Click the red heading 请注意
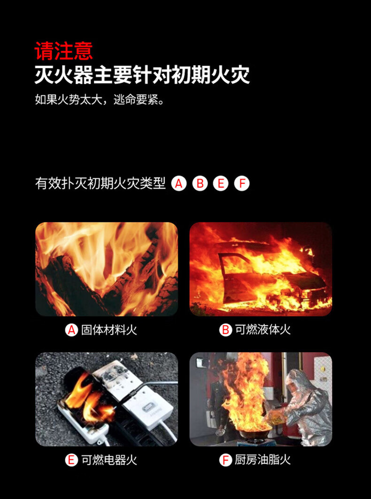pyautogui.click(x=64, y=51)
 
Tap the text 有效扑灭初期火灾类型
pyautogui.click(x=100, y=184)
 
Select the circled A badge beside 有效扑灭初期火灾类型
pyautogui.click(x=179, y=183)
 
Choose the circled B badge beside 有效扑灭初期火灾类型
pyautogui.click(x=200, y=183)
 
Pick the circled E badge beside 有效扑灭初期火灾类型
pyautogui.click(x=221, y=183)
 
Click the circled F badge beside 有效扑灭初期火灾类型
pyautogui.click(x=242, y=183)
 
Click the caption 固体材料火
pyautogui.click(x=109, y=330)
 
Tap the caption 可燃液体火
pyautogui.click(x=263, y=330)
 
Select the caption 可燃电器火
pyautogui.click(x=109, y=460)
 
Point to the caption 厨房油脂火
pyautogui.click(x=263, y=460)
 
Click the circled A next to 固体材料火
pyautogui.click(x=71, y=330)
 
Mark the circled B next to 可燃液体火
pyautogui.click(x=225, y=330)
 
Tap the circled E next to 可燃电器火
pyautogui.click(x=71, y=460)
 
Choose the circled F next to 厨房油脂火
pyautogui.click(x=225, y=460)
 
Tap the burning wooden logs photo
pyautogui.click(x=107, y=269)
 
